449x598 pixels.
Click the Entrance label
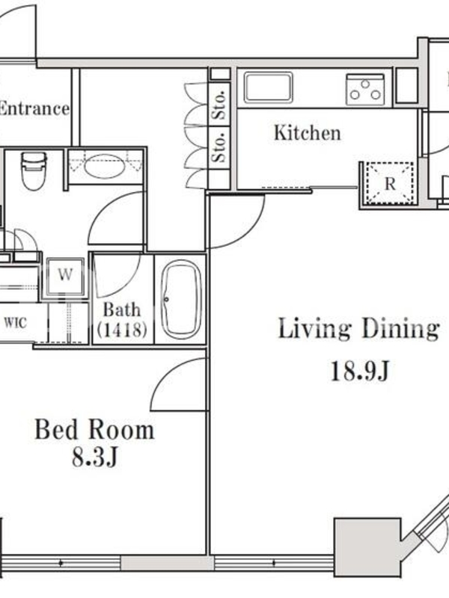coord(34,108)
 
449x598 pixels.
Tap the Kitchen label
coord(308,133)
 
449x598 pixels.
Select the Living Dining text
coord(358,329)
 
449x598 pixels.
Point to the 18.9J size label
coord(360,371)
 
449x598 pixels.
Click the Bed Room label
coord(95,429)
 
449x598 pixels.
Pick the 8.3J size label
coord(95,457)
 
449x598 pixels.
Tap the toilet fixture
coord(34,170)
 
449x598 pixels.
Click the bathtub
coord(181,300)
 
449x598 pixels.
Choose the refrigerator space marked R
coord(390,184)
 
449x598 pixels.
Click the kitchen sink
coord(268,87)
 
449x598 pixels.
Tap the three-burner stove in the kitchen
coord(365,89)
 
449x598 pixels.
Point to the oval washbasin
coord(104,167)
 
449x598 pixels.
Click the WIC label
coord(16,323)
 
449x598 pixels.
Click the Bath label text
coord(122,309)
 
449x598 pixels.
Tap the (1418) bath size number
coord(122,329)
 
